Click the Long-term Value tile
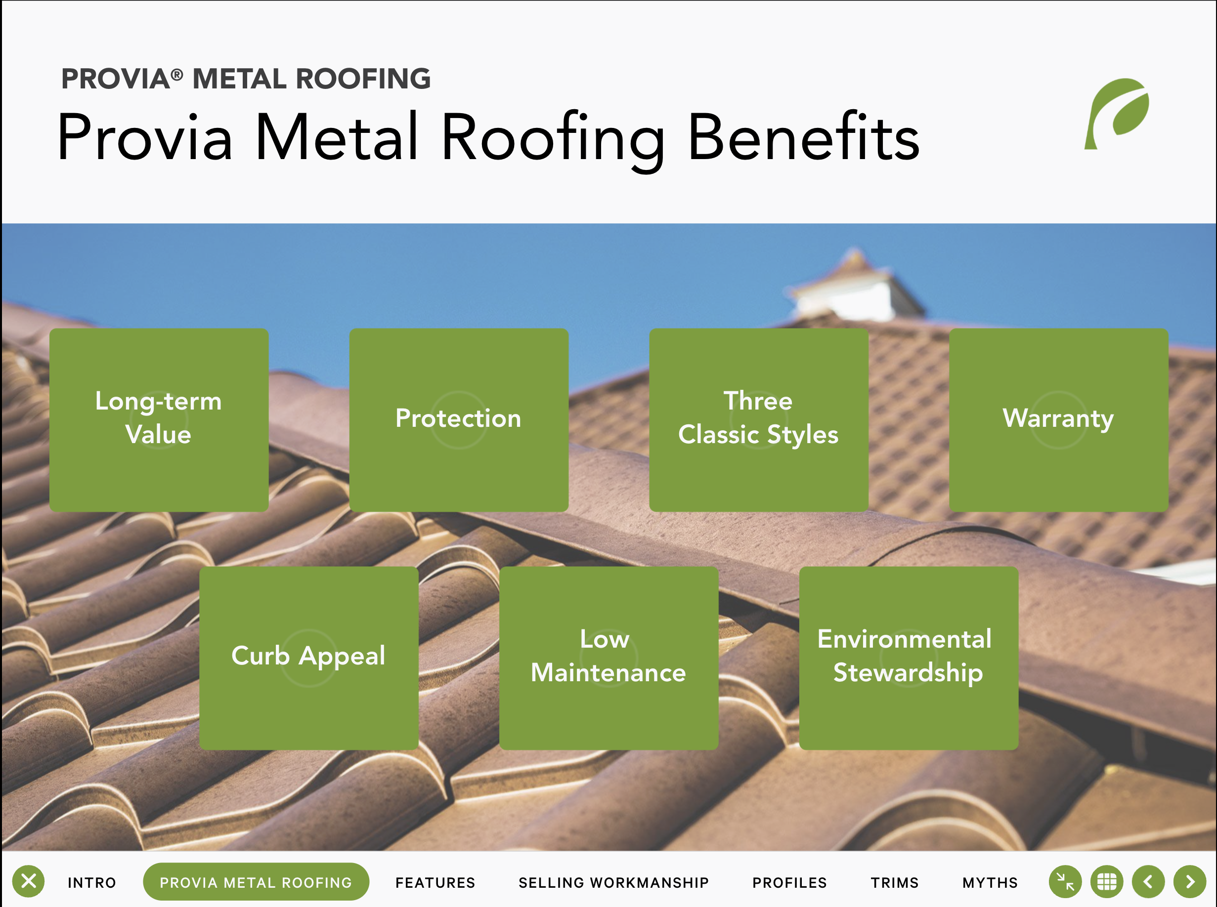pyautogui.click(x=159, y=420)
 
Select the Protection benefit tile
pyautogui.click(x=459, y=420)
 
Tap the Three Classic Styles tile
pyautogui.click(x=759, y=420)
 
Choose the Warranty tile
pyautogui.click(x=1059, y=420)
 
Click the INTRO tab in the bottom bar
pyautogui.click(x=92, y=882)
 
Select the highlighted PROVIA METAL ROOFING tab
pyautogui.click(x=256, y=882)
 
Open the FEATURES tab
pyautogui.click(x=435, y=882)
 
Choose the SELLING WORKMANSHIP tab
pyautogui.click(x=614, y=882)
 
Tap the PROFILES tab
pyautogui.click(x=789, y=882)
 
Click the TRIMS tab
pyautogui.click(x=895, y=882)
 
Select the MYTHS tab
pyautogui.click(x=990, y=882)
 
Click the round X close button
pyautogui.click(x=29, y=881)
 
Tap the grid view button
pyautogui.click(x=1107, y=882)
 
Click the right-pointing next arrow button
pyautogui.click(x=1190, y=882)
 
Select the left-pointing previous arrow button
pyautogui.click(x=1148, y=882)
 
